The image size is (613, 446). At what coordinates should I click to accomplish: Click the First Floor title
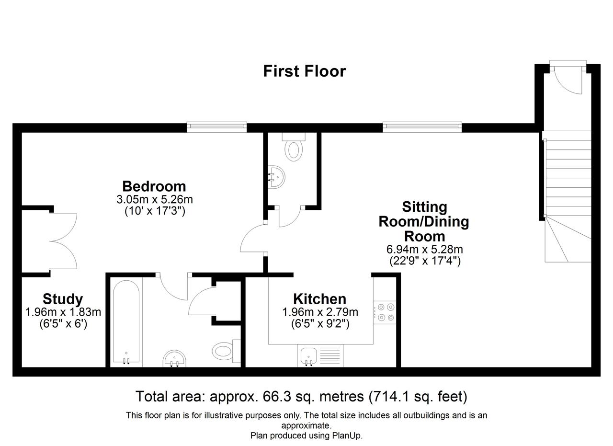(x=304, y=71)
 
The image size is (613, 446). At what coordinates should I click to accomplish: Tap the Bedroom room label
(x=154, y=186)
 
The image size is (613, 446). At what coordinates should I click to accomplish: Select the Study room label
(x=63, y=299)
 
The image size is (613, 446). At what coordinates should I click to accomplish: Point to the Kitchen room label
(x=319, y=299)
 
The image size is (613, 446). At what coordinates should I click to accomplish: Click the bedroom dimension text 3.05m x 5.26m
(x=155, y=200)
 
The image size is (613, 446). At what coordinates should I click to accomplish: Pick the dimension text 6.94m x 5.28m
(x=424, y=249)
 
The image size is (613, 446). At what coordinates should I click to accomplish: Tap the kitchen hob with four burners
(x=385, y=312)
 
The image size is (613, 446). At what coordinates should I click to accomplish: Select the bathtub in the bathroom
(x=126, y=322)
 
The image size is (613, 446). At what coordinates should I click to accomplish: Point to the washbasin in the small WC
(x=276, y=177)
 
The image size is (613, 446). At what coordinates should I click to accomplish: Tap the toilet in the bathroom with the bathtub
(x=226, y=351)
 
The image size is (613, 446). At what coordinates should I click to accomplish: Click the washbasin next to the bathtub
(x=174, y=358)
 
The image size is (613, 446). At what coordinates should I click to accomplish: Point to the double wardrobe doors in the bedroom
(x=63, y=241)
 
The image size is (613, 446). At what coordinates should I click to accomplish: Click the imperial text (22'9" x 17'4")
(x=425, y=261)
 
